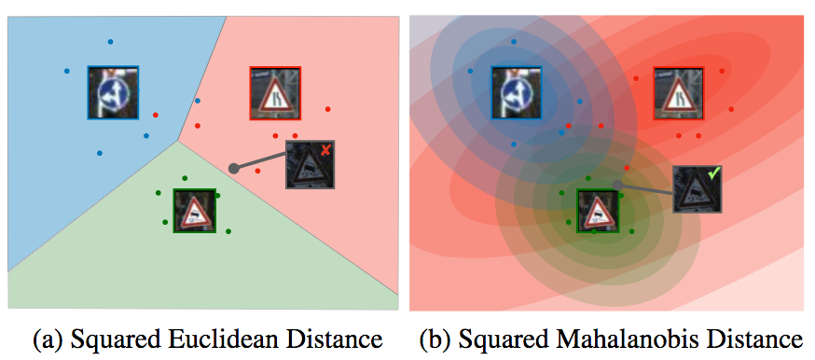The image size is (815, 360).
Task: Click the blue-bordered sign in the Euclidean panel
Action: tap(113, 92)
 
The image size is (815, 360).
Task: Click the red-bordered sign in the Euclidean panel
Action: tap(275, 93)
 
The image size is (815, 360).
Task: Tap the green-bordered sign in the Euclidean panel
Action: tap(195, 211)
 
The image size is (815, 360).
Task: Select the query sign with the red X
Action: tap(310, 165)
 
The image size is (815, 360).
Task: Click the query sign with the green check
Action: tap(697, 189)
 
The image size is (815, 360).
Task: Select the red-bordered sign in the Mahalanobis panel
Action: tap(679, 93)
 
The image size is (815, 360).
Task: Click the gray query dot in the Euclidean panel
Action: tap(233, 168)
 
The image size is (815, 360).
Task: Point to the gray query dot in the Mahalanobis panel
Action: tap(617, 185)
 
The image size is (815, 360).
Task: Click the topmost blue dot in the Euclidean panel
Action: tap(110, 41)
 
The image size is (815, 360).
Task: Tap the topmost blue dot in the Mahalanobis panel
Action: tap(513, 41)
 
